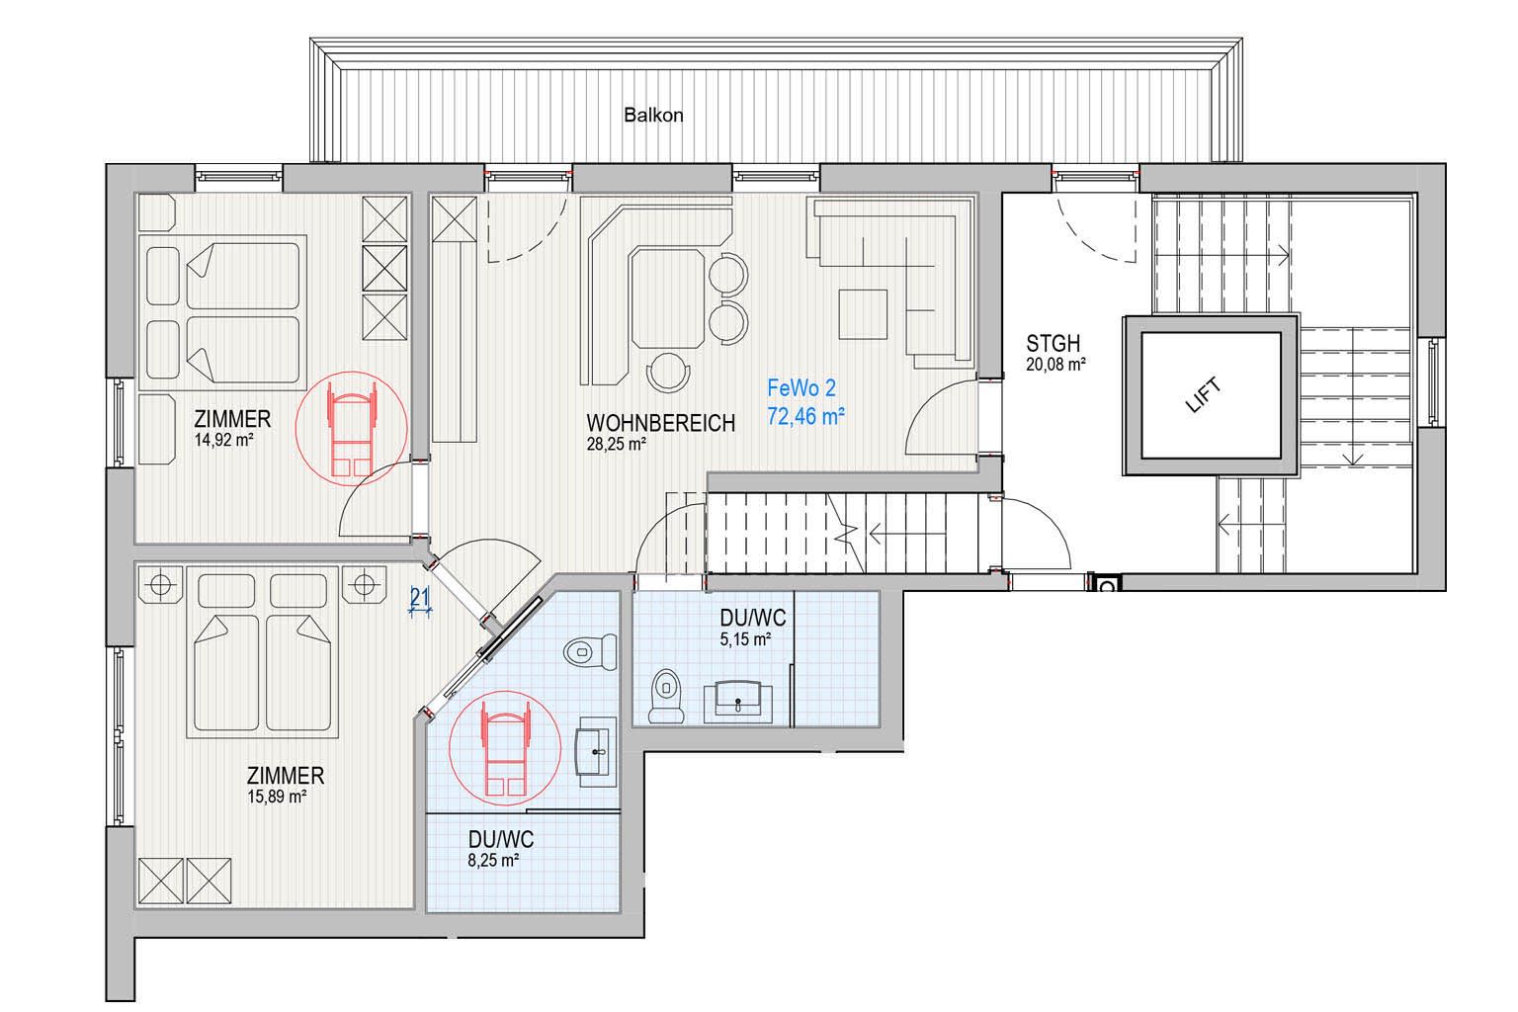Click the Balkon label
pos(652,116)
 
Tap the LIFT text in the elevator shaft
pos(1205,395)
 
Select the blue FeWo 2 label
pos(801,388)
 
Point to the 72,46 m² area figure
pos(805,415)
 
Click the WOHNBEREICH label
pos(661,423)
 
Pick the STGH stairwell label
pos(1053,344)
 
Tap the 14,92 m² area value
pos(223,440)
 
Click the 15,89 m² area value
pos(277,797)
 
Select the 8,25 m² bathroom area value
pos(493,861)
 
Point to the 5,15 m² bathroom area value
pos(745,639)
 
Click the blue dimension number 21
pos(420,597)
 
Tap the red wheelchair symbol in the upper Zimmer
pos(351,428)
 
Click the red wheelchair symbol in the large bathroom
pos(505,748)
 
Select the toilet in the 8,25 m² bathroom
pos(590,652)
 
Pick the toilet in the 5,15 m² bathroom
pos(666,696)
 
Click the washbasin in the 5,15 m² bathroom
pos(738,703)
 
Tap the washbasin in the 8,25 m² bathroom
pos(596,752)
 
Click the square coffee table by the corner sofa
pos(863,314)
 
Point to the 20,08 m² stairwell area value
pos(1055,365)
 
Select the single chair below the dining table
pos(668,373)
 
